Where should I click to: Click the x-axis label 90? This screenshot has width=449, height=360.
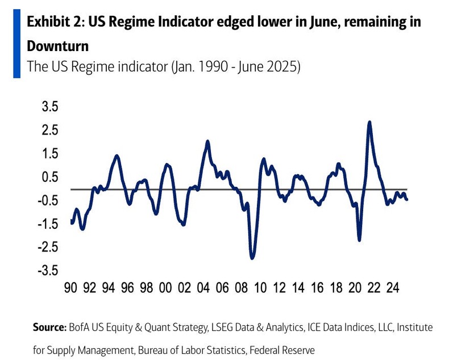tap(70, 288)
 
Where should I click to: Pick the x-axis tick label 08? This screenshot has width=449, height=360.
tap(241, 288)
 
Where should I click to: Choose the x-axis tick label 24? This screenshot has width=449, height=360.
tap(392, 288)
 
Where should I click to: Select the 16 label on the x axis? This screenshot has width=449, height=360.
tap(317, 288)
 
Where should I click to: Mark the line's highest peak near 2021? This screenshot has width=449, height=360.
tap(370, 122)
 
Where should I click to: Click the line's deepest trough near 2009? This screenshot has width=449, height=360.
tap(252, 258)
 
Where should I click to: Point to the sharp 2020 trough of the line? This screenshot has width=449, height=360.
tap(359, 240)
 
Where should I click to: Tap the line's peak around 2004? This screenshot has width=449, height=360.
tap(207, 141)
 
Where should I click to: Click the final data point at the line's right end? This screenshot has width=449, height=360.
tap(407, 199)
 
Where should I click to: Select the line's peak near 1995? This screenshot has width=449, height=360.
tap(117, 156)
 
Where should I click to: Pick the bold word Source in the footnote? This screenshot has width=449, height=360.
tap(50, 328)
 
